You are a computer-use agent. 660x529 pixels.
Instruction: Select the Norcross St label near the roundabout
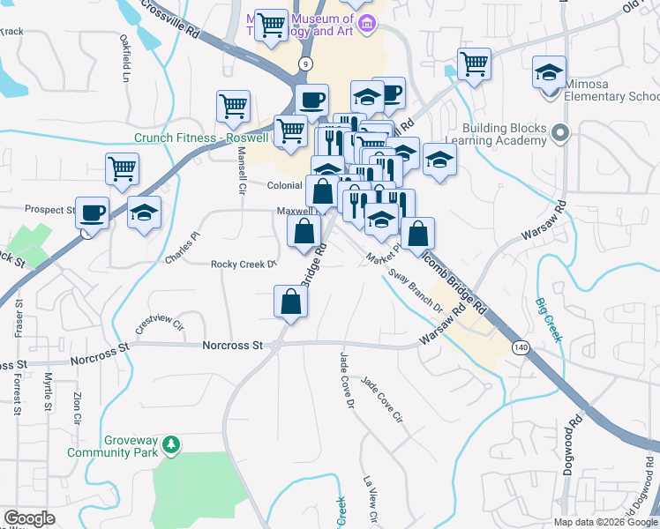tap(234, 346)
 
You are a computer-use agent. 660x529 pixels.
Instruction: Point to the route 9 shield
tap(305, 63)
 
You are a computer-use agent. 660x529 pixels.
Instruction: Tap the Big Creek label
tap(548, 318)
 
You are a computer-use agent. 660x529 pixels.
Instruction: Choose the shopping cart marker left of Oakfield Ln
tap(122, 168)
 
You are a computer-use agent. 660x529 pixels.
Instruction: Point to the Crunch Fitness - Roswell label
tap(201, 138)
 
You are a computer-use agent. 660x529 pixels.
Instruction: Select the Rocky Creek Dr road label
tap(244, 264)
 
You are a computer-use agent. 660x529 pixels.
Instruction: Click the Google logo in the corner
tap(29, 518)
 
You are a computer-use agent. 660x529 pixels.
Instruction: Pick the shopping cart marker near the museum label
tap(271, 25)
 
